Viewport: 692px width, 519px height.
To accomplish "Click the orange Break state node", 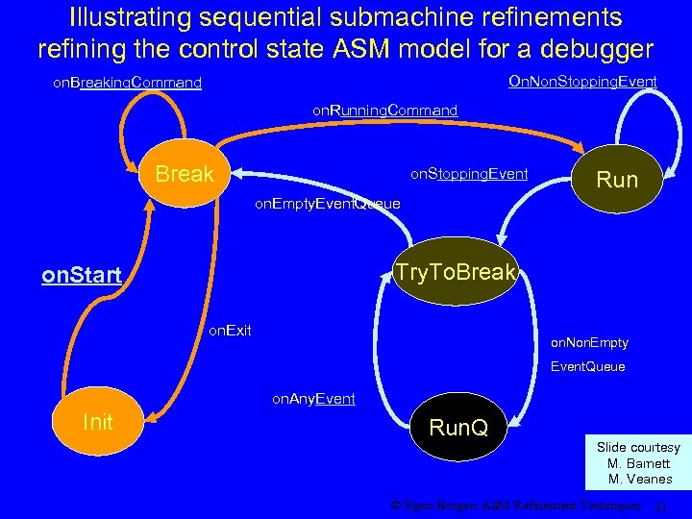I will (184, 174).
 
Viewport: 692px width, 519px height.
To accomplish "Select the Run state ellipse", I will (616, 179).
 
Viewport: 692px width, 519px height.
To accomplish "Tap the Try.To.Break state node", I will (455, 273).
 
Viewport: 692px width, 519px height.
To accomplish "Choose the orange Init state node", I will (98, 422).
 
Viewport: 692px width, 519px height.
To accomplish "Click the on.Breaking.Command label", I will (127, 83).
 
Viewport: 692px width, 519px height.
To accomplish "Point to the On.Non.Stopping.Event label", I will (581, 82).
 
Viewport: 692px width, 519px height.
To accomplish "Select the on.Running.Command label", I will (384, 111).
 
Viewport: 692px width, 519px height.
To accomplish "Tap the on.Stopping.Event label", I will (469, 174).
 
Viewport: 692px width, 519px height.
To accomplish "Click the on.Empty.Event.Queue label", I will (327, 204).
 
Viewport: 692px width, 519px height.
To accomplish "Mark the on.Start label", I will (82, 277).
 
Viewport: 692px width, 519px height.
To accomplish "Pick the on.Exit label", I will (231, 331).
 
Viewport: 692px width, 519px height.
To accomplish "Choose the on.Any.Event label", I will (313, 398).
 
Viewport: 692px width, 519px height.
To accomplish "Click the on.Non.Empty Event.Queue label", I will (588, 354).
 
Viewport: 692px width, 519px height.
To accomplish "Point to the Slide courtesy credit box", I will (638, 463).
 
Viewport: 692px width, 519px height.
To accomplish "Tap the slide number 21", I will (659, 507).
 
